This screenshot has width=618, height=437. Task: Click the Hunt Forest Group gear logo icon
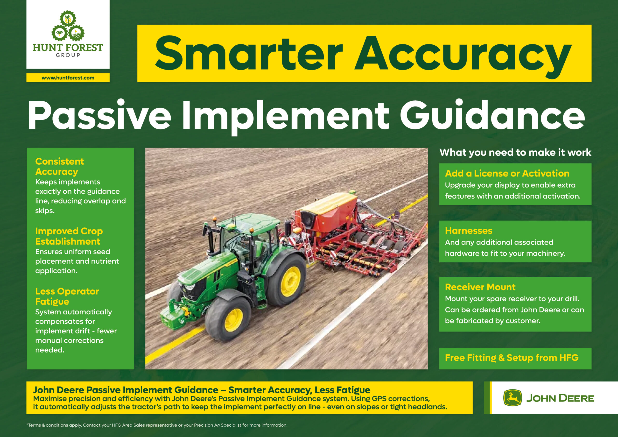click(68, 26)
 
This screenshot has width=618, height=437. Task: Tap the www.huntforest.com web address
click(68, 78)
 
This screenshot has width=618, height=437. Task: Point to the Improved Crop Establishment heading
click(69, 236)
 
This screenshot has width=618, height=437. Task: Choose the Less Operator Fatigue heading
click(67, 296)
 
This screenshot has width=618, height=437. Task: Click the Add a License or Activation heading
click(507, 173)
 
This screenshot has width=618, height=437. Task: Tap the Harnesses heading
click(469, 231)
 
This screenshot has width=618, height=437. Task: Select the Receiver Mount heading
click(480, 287)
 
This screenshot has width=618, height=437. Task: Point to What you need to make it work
click(515, 152)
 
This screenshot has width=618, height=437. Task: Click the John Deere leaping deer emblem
click(513, 397)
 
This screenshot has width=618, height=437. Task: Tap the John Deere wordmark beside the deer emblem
click(560, 398)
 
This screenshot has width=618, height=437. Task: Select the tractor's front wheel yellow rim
click(233, 320)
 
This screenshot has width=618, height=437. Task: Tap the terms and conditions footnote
click(157, 425)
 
